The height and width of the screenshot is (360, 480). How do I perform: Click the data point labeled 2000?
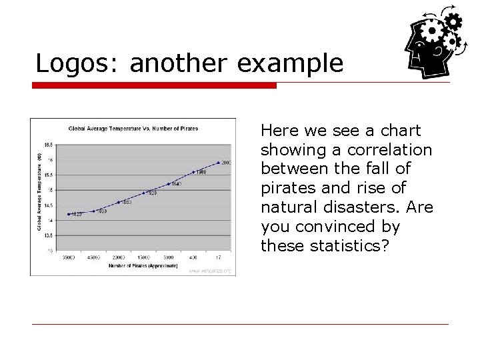click(218, 163)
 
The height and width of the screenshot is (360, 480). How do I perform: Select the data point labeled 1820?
click(69, 214)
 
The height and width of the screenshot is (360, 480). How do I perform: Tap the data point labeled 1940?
click(169, 184)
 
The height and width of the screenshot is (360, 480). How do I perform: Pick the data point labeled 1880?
click(119, 203)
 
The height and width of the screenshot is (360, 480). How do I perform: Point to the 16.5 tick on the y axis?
click(49, 144)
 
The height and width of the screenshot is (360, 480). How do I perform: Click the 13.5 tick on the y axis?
click(49, 235)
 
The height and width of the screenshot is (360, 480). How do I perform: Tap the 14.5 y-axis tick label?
click(49, 205)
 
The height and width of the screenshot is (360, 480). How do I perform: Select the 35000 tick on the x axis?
click(69, 257)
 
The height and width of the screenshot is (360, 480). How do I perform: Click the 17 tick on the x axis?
click(218, 257)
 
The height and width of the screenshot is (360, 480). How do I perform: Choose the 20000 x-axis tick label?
click(119, 257)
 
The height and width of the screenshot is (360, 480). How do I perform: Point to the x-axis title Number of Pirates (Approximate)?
click(143, 266)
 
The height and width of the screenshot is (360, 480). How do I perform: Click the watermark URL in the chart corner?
click(210, 271)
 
